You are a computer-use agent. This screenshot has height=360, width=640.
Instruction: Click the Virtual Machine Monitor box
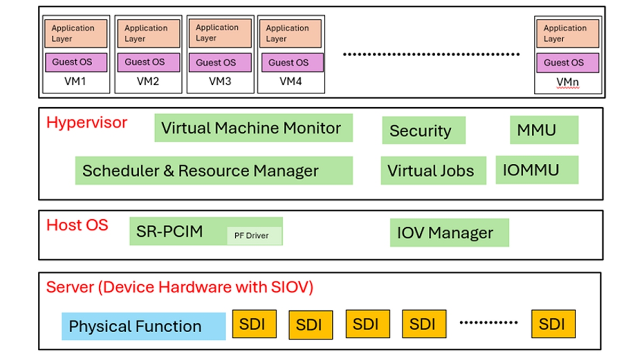click(x=253, y=128)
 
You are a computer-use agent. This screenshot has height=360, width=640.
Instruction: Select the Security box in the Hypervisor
click(x=423, y=131)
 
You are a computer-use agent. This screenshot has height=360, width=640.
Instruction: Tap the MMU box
click(x=543, y=130)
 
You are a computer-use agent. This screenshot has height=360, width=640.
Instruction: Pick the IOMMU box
click(x=537, y=170)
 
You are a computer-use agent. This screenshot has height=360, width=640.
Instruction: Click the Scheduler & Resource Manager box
click(x=213, y=171)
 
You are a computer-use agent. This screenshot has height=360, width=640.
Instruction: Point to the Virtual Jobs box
click(x=433, y=171)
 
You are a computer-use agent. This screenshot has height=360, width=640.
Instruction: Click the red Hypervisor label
click(x=87, y=123)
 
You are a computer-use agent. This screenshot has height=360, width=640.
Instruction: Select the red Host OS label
click(x=77, y=225)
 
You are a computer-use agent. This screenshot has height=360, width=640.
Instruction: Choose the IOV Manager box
click(x=449, y=233)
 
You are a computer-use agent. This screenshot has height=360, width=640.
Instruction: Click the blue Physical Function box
click(x=143, y=326)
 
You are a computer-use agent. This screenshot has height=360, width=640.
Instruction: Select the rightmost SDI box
click(x=554, y=324)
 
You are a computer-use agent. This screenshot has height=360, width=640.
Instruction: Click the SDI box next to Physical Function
click(x=254, y=324)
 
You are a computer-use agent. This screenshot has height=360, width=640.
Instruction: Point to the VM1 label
click(x=75, y=82)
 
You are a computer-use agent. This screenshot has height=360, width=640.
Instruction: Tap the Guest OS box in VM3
click(x=219, y=62)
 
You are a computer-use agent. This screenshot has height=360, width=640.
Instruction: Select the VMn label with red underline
click(x=567, y=83)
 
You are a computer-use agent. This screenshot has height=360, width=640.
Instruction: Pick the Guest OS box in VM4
click(x=291, y=62)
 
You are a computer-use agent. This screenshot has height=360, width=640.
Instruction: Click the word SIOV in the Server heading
click(x=290, y=287)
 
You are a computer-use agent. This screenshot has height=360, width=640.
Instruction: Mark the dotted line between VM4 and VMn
click(x=431, y=54)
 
